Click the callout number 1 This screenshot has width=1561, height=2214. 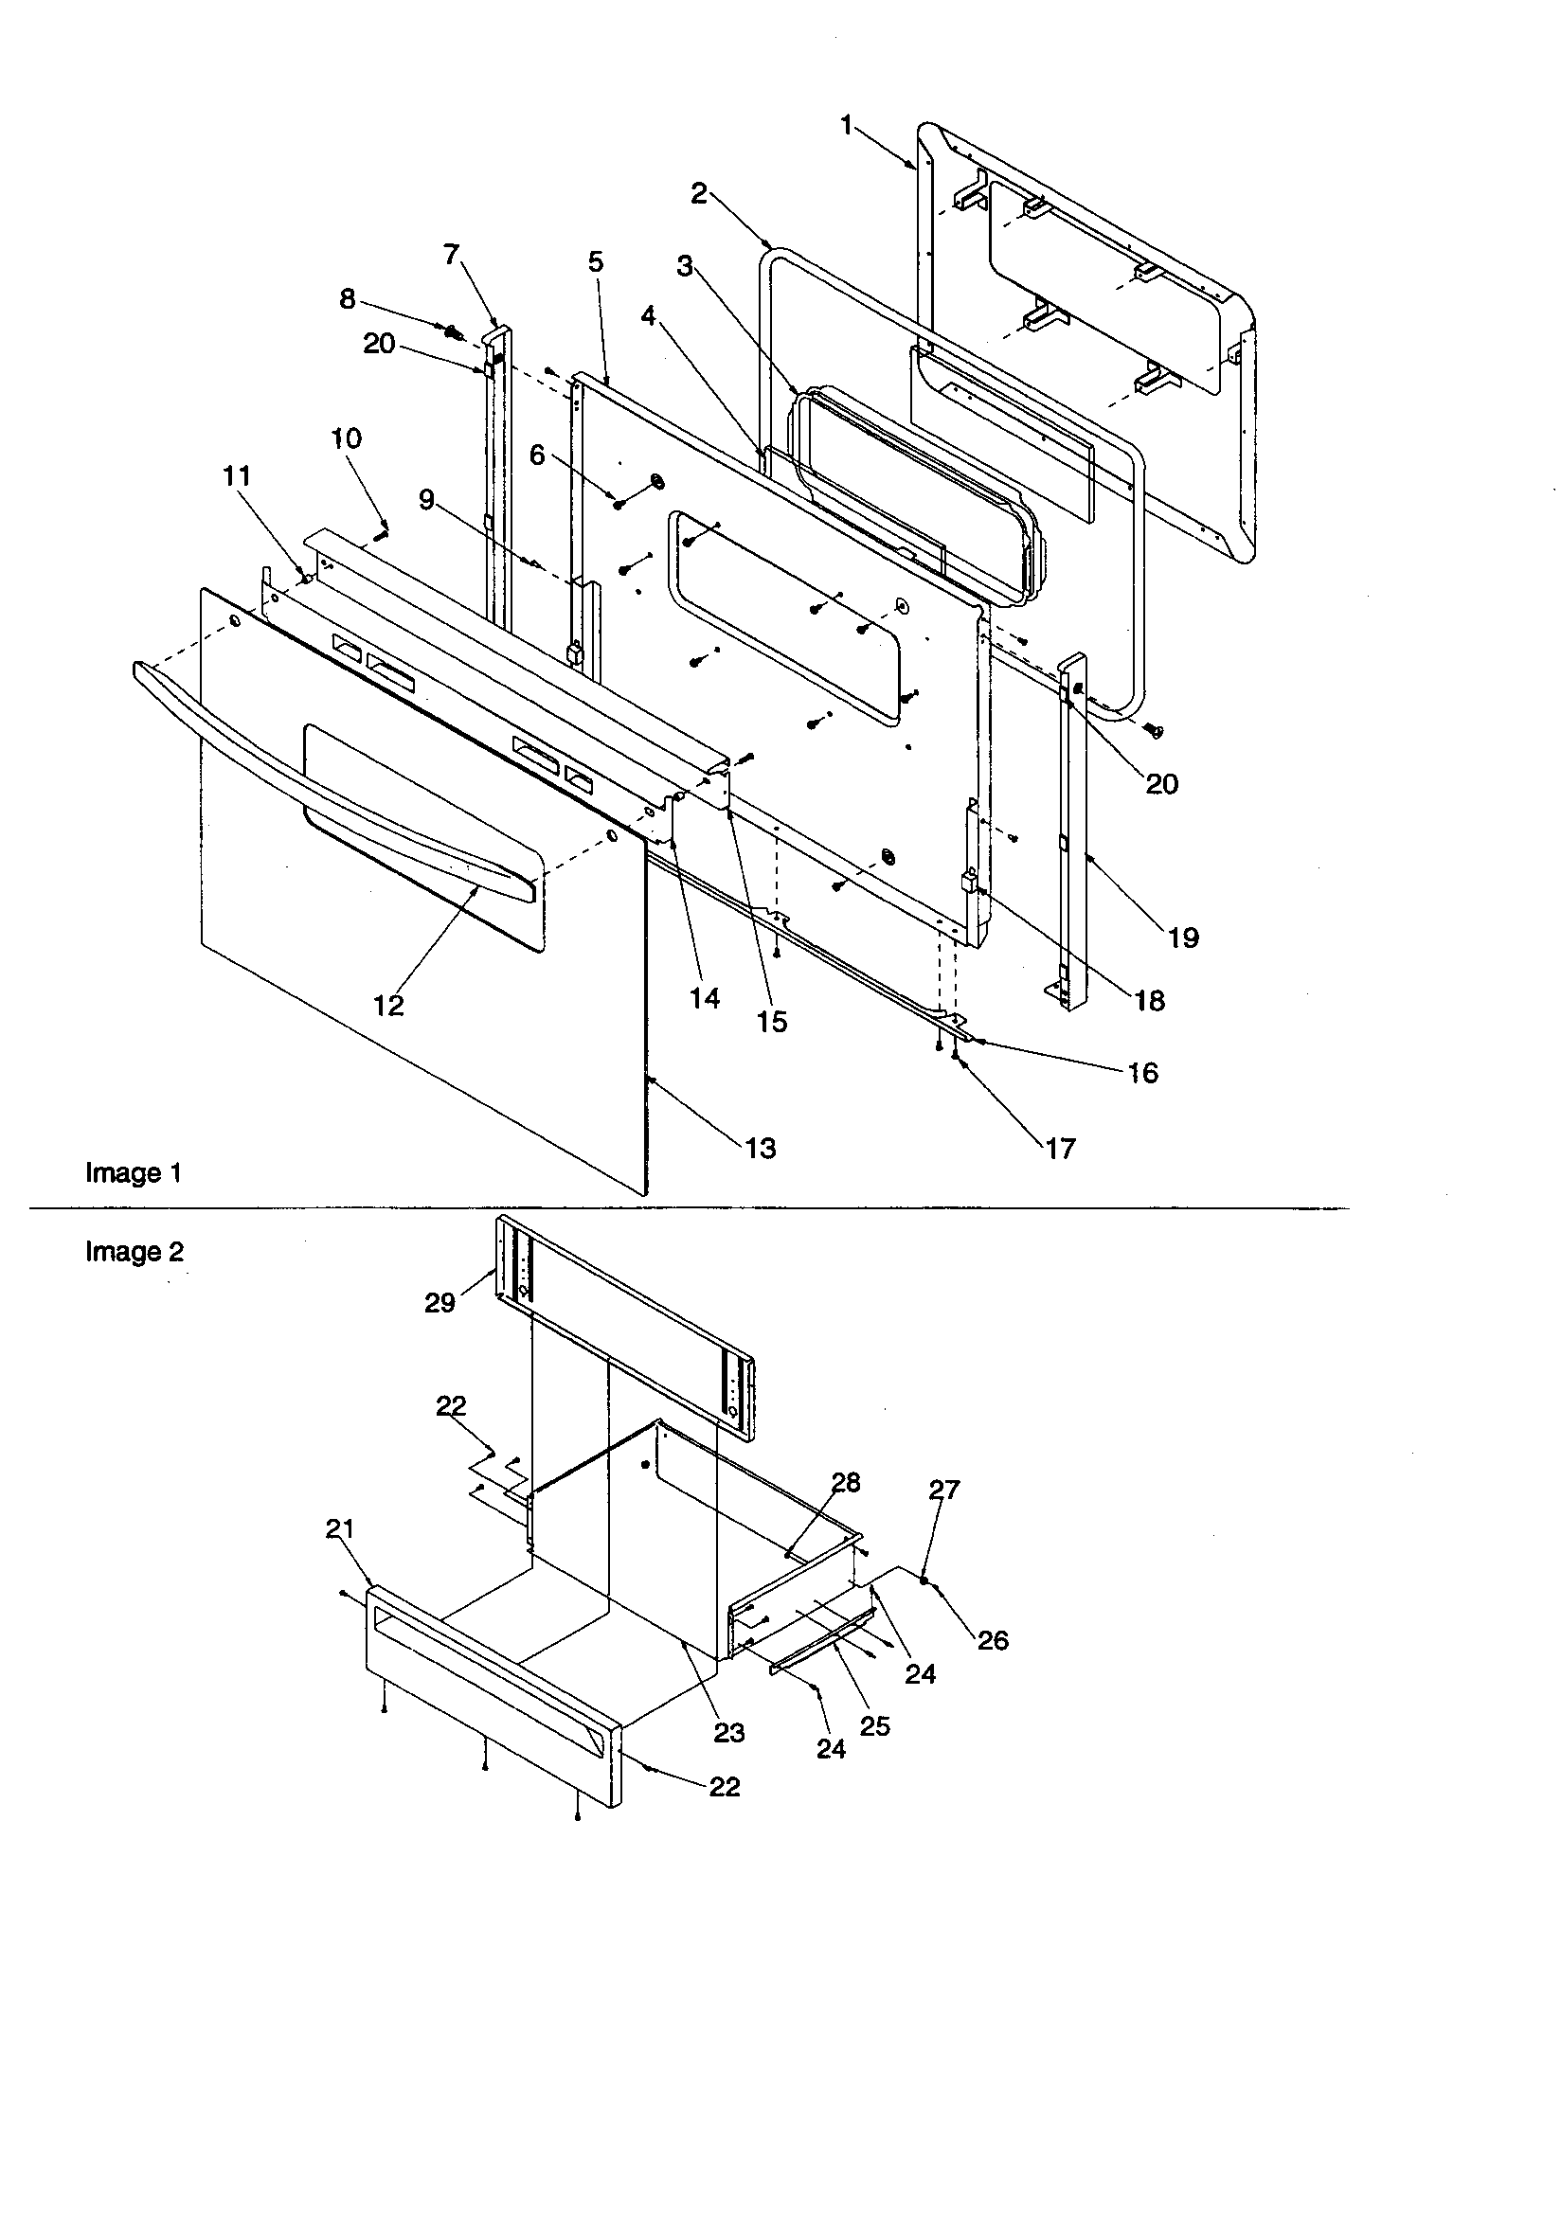click(846, 124)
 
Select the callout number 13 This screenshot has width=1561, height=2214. click(761, 1148)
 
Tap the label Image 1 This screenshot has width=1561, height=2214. click(134, 1172)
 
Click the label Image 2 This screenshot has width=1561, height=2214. click(135, 1252)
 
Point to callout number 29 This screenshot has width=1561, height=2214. click(440, 1303)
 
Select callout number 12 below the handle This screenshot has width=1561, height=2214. click(388, 1005)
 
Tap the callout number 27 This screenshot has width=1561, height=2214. click(944, 1490)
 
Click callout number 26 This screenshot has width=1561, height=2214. click(993, 1640)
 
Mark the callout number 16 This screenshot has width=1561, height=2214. click(1143, 1072)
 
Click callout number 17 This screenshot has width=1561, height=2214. click(1059, 1148)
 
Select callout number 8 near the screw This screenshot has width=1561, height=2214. click(348, 299)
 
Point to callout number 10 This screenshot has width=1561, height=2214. click(347, 438)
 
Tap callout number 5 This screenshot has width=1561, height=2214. click(595, 261)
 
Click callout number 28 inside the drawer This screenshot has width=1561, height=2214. click(846, 1482)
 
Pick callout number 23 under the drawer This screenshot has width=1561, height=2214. click(729, 1733)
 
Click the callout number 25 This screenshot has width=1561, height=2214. click(874, 1726)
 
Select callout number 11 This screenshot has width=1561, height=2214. click(238, 475)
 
